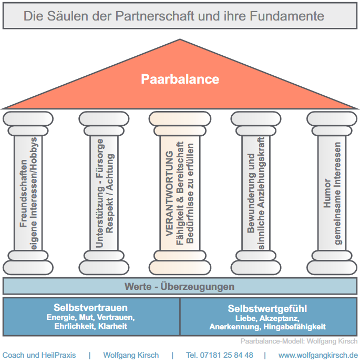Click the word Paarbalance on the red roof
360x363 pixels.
point(180,79)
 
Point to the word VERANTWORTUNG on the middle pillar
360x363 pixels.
point(170,193)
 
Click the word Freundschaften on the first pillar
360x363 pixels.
point(23,194)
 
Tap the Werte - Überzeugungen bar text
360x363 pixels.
point(179,287)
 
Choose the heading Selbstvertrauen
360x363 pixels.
point(90,308)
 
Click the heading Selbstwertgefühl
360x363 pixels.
point(268,309)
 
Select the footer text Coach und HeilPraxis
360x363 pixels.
point(39,355)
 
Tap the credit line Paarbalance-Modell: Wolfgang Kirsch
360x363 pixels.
point(295,341)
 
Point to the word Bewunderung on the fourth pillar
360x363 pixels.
point(251,198)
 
